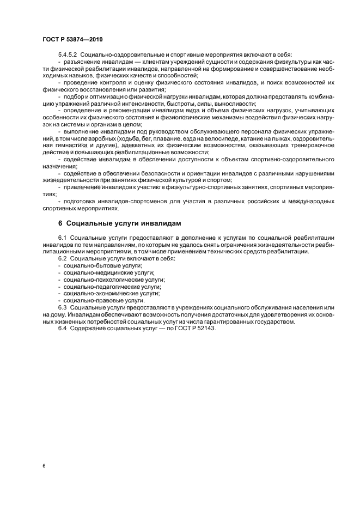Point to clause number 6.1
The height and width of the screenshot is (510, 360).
pyautogui.click(x=62, y=238)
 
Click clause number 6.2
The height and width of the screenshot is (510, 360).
pyautogui.click(x=62, y=258)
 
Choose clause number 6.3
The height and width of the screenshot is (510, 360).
pyautogui.click(x=62, y=307)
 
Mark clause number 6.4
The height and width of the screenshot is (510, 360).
pyautogui.click(x=62, y=328)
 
